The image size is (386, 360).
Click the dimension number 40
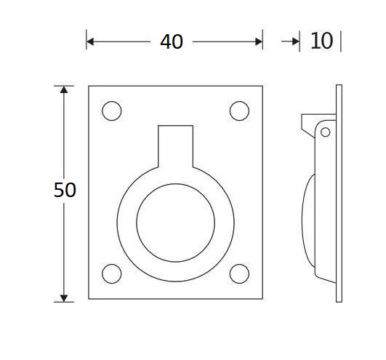172,42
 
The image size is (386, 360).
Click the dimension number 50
65,191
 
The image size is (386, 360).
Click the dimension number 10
321,41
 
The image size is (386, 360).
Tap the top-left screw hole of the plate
111,111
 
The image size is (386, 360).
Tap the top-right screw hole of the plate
238,111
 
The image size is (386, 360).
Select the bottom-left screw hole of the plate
111,273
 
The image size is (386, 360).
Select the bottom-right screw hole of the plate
238,273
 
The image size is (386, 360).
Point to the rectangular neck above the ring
175,142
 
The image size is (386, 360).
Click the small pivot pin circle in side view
325,132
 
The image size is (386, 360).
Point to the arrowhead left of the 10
295,41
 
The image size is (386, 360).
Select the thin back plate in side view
339,192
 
